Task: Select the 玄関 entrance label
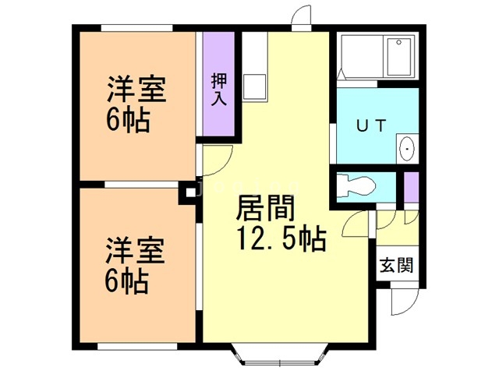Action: tap(395, 264)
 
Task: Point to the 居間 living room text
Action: tap(265, 209)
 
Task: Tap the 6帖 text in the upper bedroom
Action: tap(126, 122)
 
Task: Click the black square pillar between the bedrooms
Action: tap(188, 192)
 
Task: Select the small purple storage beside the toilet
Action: tap(411, 185)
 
